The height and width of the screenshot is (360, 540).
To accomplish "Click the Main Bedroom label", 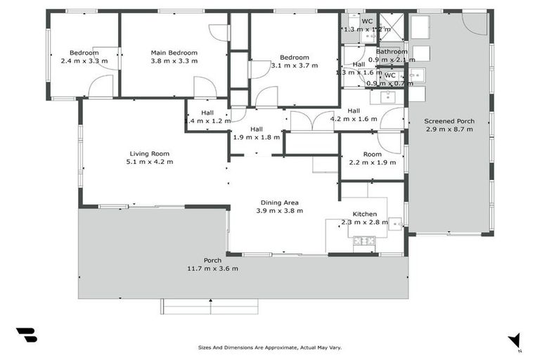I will (174, 53).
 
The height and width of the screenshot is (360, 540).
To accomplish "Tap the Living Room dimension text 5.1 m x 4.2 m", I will (149, 162).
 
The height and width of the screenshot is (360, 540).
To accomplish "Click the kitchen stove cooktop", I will (364, 242).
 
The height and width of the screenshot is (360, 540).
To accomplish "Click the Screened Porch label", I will (449, 121).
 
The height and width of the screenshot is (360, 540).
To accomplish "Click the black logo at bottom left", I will (26, 335).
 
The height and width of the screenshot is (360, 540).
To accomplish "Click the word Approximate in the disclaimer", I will (275, 347).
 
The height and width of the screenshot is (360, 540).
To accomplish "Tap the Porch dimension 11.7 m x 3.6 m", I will (212, 269).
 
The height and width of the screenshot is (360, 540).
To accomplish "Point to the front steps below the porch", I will (210, 306).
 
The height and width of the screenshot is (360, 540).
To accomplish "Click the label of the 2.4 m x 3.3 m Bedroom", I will (83, 53).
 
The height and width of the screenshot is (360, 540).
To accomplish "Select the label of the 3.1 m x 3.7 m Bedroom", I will (294, 58).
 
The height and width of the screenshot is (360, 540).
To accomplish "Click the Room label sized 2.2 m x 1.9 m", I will (372, 154).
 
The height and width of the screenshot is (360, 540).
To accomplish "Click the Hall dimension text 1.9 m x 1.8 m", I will (257, 138).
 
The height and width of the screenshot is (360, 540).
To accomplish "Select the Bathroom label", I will (391, 51).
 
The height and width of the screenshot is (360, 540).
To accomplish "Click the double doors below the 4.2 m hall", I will (311, 122).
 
